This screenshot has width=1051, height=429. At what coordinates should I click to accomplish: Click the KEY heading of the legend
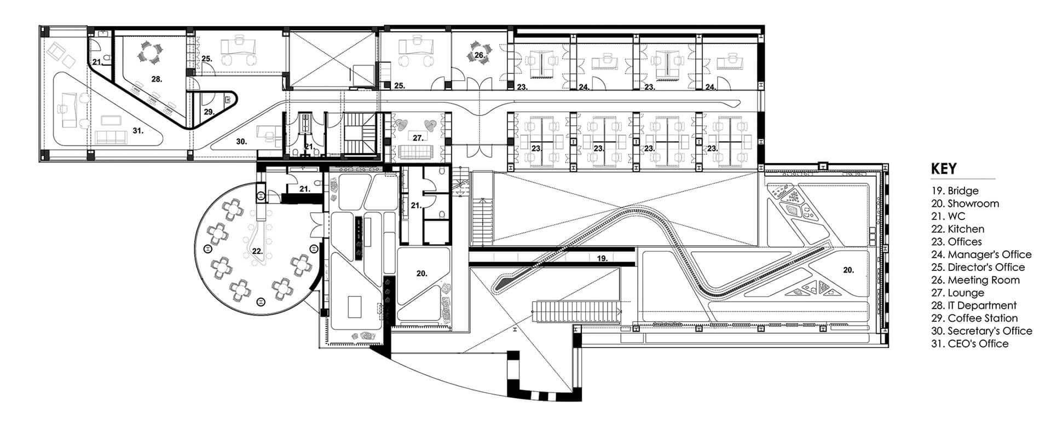click(943, 169)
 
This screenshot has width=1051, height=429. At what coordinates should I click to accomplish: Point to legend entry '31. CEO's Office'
click(969, 344)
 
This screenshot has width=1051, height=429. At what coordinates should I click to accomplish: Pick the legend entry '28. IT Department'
click(973, 305)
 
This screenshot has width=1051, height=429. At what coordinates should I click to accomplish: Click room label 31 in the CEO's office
click(137, 131)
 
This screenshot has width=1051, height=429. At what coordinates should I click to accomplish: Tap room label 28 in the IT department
click(157, 79)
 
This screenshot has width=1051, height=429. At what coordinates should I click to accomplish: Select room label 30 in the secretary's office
click(241, 141)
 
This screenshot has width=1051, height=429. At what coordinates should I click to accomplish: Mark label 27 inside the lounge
click(418, 138)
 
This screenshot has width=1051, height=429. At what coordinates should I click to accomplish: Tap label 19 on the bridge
click(602, 259)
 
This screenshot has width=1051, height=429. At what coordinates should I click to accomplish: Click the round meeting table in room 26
click(477, 55)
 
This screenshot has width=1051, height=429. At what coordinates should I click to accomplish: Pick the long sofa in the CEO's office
click(112, 137)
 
